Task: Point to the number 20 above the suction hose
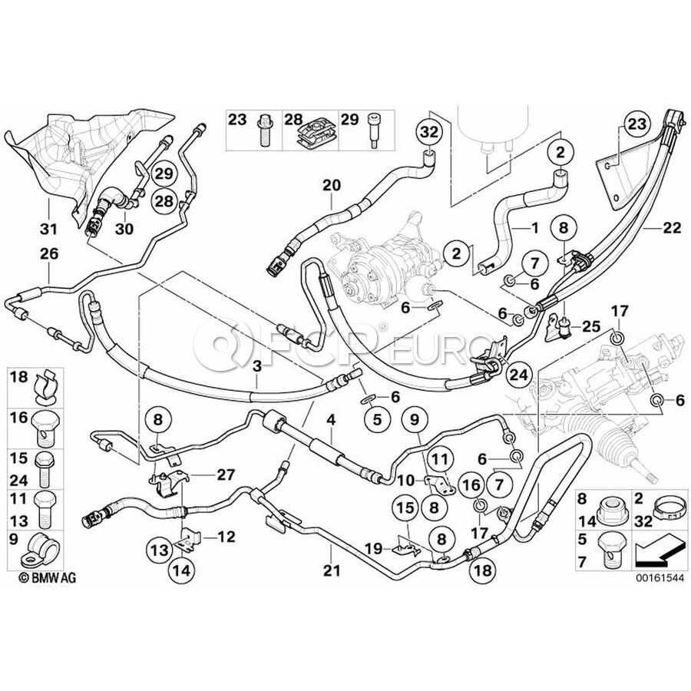click(330, 184)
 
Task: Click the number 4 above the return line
click(331, 420)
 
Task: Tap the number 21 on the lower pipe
click(331, 549)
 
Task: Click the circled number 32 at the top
click(427, 132)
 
